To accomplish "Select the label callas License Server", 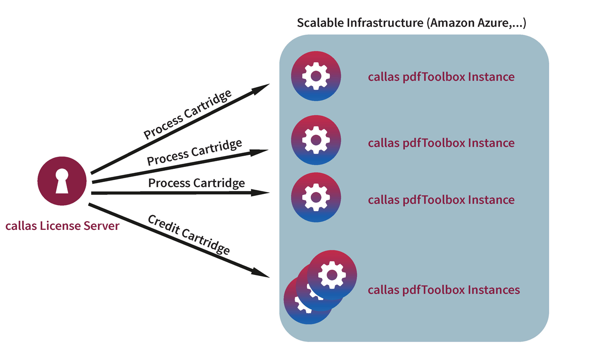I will coord(62,226).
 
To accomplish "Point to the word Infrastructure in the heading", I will coord(385,23).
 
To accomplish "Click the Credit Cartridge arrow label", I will coord(189,234).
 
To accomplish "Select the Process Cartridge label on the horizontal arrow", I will coord(196,183).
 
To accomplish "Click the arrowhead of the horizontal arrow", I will coord(261,192).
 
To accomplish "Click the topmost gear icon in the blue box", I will coord(316,76).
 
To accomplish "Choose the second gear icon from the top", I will coord(316,140).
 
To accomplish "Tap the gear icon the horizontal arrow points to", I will coord(316,197).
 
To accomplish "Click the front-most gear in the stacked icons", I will coord(332,275).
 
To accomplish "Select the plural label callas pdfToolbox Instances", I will coord(444,290).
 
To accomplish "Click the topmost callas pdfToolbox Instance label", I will coord(441,77).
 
